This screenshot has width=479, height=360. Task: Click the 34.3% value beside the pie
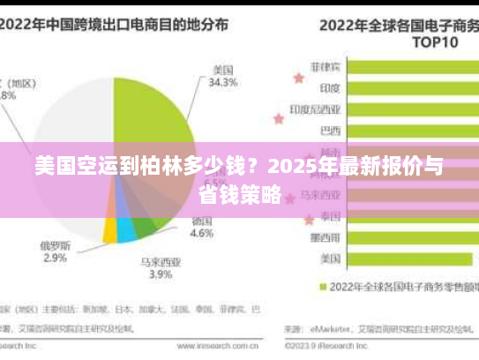(x=222, y=83)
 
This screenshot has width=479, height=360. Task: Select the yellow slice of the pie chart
(x=110, y=231)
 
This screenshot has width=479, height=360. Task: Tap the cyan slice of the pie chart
(x=126, y=230)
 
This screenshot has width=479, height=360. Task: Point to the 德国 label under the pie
(x=202, y=221)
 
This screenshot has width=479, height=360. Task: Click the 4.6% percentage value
(x=202, y=234)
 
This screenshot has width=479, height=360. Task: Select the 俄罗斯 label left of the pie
(x=55, y=244)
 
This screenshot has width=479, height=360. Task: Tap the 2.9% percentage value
(x=55, y=258)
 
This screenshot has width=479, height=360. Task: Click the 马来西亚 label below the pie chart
(x=160, y=261)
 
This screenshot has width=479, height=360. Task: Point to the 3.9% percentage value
(x=160, y=274)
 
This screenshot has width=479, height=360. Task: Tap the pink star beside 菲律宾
(x=298, y=78)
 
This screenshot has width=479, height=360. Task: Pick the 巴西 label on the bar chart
(x=330, y=131)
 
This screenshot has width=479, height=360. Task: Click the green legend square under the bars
(x=323, y=287)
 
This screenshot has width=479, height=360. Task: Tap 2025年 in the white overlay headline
(x=296, y=166)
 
